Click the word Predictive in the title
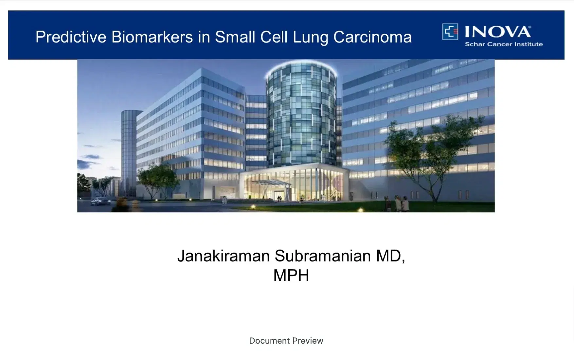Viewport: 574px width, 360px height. [x=71, y=37]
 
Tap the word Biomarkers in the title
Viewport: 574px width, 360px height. [x=152, y=37]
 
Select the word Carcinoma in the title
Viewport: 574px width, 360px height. [x=372, y=37]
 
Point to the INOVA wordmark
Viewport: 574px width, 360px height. [x=498, y=32]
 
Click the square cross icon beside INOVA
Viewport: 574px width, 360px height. [x=450, y=32]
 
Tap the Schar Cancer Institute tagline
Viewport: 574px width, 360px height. [x=504, y=44]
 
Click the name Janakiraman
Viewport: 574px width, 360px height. [x=224, y=256]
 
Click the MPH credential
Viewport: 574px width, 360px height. [x=291, y=275]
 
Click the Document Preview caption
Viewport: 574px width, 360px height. [x=286, y=341]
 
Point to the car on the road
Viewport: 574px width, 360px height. [x=100, y=201]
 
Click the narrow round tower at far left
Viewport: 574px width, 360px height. [x=129, y=152]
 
